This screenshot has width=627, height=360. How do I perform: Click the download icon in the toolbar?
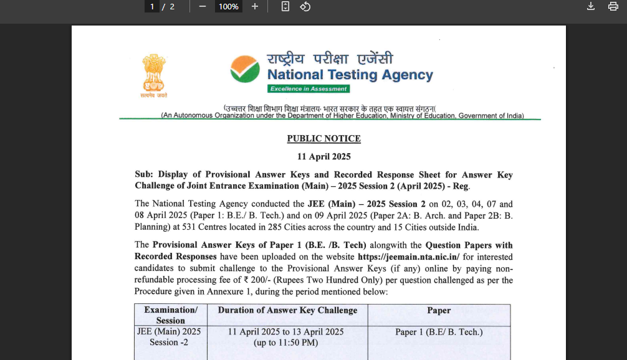pyautogui.click(x=591, y=6)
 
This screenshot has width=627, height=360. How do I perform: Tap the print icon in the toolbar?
pyautogui.click(x=613, y=6)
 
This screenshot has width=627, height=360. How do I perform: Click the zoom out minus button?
pyautogui.click(x=202, y=6)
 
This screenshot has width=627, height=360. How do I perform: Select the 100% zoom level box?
pyautogui.click(x=228, y=6)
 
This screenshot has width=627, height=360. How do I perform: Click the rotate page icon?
pyautogui.click(x=305, y=6)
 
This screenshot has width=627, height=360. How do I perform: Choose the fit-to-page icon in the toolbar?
pyautogui.click(x=285, y=6)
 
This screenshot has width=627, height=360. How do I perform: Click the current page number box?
pyautogui.click(x=152, y=6)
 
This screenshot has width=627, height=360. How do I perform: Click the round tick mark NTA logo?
pyautogui.click(x=244, y=69)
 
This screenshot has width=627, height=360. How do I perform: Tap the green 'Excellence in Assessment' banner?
pyautogui.click(x=309, y=89)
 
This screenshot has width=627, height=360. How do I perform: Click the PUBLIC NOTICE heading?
pyautogui.click(x=323, y=138)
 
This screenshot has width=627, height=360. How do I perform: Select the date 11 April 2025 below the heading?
pyautogui.click(x=323, y=156)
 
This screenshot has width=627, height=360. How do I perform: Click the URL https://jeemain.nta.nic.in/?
pyautogui.click(x=408, y=257)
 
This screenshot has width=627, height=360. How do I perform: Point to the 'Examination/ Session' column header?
pyautogui.click(x=171, y=315)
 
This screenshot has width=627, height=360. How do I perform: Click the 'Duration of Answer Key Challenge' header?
pyautogui.click(x=287, y=310)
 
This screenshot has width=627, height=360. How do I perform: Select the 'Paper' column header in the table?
pyautogui.click(x=439, y=310)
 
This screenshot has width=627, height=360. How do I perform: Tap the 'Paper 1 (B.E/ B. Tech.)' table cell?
pyautogui.click(x=439, y=332)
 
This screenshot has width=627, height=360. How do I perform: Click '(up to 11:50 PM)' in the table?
pyautogui.click(x=286, y=343)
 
